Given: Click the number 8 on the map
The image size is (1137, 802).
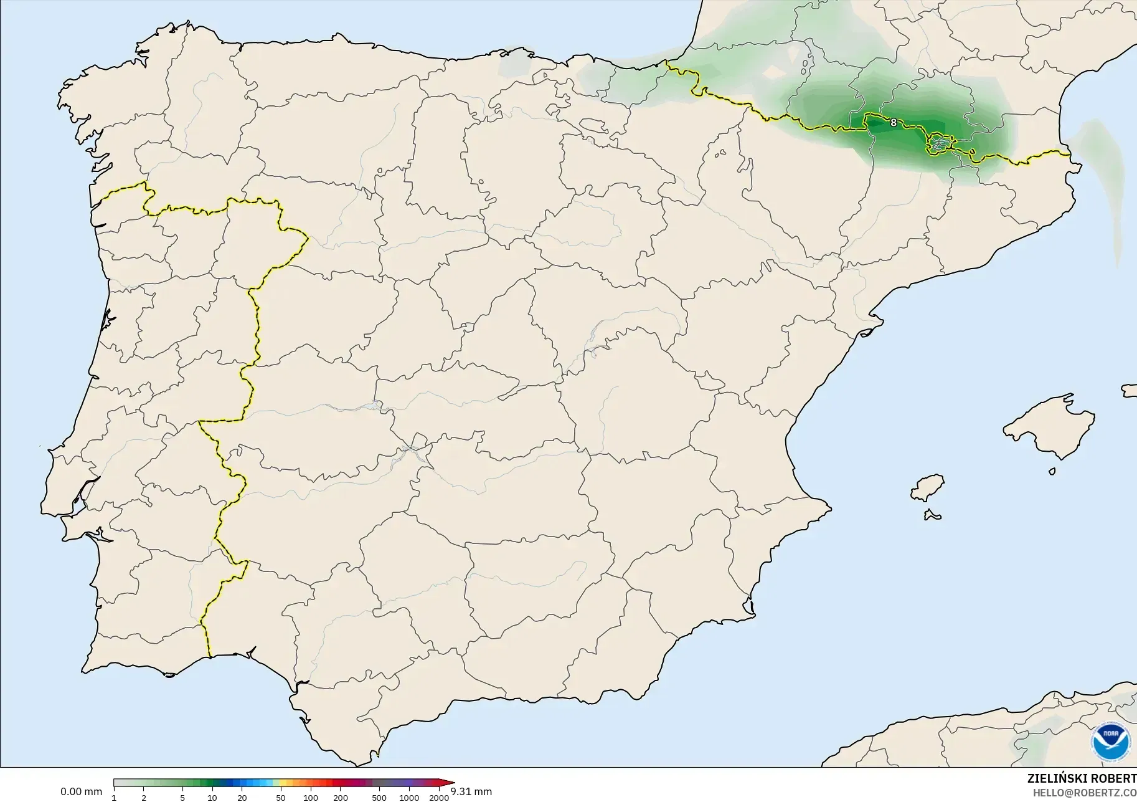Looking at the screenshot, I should (x=894, y=123).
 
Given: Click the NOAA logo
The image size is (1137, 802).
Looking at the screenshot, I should (x=1110, y=742).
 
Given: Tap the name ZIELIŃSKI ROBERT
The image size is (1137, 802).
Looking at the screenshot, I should (x=1082, y=778).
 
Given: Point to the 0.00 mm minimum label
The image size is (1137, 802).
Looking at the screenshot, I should (x=81, y=792).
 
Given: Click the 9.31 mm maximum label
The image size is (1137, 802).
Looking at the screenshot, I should (x=471, y=792).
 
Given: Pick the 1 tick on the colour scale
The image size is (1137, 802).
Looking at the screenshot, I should (x=114, y=798).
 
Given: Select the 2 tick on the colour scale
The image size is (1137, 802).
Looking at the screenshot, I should (x=144, y=798).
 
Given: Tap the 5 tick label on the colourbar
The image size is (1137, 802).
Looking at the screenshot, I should (x=182, y=798).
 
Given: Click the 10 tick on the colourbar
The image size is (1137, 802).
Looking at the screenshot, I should (x=212, y=798).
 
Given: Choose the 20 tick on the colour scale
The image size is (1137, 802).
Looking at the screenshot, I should (x=242, y=798).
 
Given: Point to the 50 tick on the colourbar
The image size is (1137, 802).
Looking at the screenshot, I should (x=281, y=798).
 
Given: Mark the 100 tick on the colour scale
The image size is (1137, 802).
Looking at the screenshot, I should (x=311, y=798).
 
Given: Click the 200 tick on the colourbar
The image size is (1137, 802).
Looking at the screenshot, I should (x=341, y=798).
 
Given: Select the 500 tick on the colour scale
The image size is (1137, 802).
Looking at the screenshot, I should (x=379, y=798).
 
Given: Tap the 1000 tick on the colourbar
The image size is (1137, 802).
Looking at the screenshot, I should (x=409, y=798).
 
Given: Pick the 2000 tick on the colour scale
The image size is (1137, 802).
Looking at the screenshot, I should (x=439, y=798).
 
